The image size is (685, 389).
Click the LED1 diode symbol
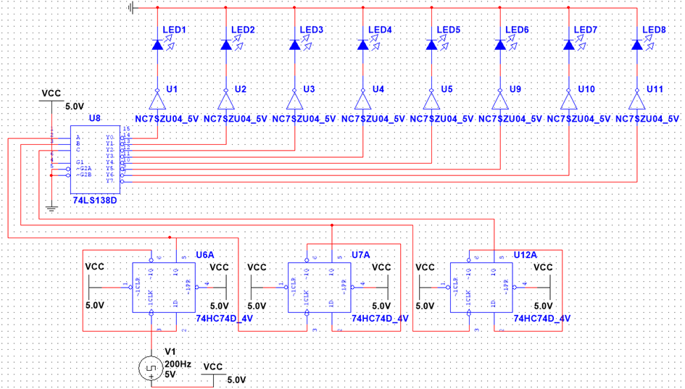(x=158, y=45)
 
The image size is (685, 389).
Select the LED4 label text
(x=380, y=30)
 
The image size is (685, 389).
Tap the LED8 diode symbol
(x=636, y=45)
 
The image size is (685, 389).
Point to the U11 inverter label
(x=655, y=89)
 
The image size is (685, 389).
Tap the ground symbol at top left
(x=131, y=8)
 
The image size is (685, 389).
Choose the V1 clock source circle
(x=151, y=369)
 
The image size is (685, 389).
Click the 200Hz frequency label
(x=178, y=363)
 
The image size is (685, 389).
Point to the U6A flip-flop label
(x=205, y=256)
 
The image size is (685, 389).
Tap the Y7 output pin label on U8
(x=110, y=180)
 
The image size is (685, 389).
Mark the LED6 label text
(x=517, y=30)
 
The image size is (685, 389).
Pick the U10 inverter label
(x=586, y=89)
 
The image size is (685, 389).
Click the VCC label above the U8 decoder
(x=51, y=93)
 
